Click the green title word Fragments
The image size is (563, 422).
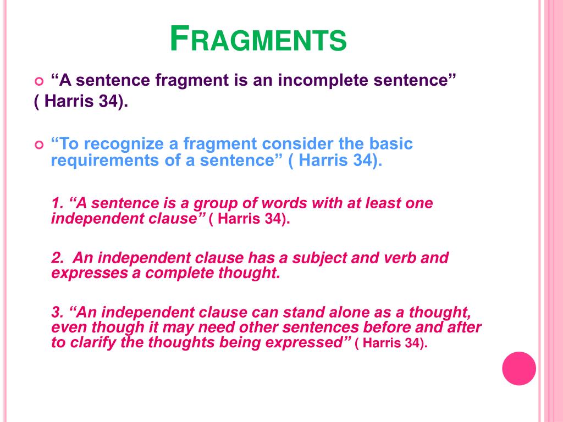(258, 39)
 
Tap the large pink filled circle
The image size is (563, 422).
(519, 369)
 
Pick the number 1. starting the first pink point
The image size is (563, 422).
(57, 203)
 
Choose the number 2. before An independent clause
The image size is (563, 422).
(57, 258)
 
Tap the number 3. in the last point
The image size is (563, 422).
(57, 312)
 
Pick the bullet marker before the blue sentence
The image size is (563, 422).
(39, 145)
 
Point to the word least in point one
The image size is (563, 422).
(383, 203)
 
